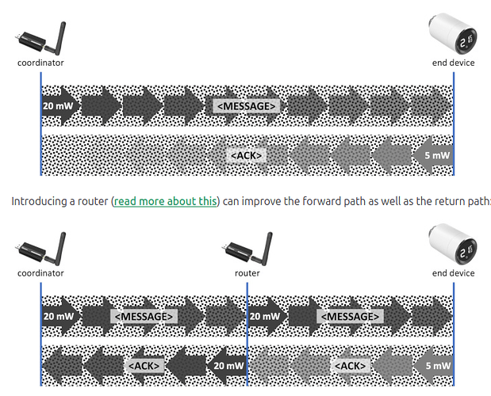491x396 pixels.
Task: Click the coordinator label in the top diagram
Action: (x=40, y=63)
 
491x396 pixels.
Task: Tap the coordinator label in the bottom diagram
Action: (x=40, y=273)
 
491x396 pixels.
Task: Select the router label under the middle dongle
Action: (x=247, y=273)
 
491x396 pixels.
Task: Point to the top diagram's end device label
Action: (x=453, y=63)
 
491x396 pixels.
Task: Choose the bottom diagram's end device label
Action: (x=453, y=273)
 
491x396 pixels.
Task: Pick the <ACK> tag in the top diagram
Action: (x=246, y=155)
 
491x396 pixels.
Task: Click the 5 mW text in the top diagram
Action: (x=437, y=155)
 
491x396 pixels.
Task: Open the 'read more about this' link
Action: (x=166, y=201)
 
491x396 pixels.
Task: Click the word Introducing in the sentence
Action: (x=36, y=201)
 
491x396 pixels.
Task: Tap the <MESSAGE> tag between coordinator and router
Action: (x=144, y=317)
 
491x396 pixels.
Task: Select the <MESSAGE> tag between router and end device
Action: (x=350, y=317)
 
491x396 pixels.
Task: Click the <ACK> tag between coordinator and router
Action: (x=144, y=366)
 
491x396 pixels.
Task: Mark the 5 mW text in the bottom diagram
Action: (x=437, y=366)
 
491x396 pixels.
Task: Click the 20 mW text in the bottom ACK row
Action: (x=228, y=366)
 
